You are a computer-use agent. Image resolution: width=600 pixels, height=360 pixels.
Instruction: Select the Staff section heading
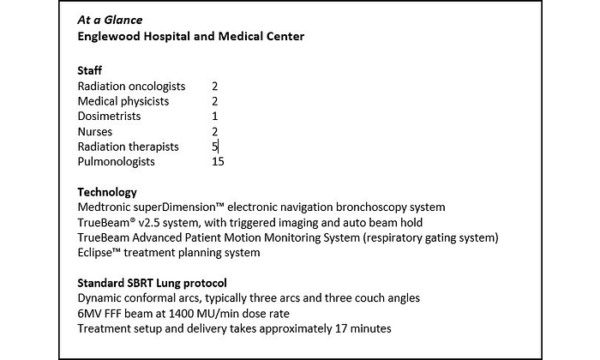point(90,71)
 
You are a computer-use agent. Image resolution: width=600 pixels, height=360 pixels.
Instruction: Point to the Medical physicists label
point(123,101)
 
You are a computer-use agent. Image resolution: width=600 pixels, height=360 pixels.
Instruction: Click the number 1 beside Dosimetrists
point(215,116)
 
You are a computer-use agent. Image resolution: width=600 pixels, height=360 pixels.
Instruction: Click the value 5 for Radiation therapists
point(215,147)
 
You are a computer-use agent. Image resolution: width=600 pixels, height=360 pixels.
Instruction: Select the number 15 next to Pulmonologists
point(218,161)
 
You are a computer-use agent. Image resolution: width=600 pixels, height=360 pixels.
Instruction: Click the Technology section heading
point(107,192)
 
